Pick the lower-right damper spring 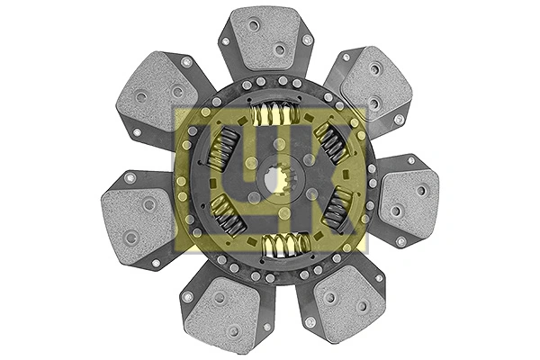(337, 209)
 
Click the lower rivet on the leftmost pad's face (131, 238)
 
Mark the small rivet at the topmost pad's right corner (307, 40)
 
